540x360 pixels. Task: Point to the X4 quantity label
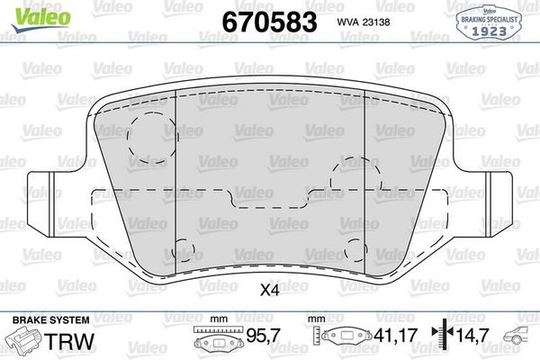[269, 291]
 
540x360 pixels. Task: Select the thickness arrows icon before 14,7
[441, 337]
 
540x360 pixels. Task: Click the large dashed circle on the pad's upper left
[148, 137]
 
